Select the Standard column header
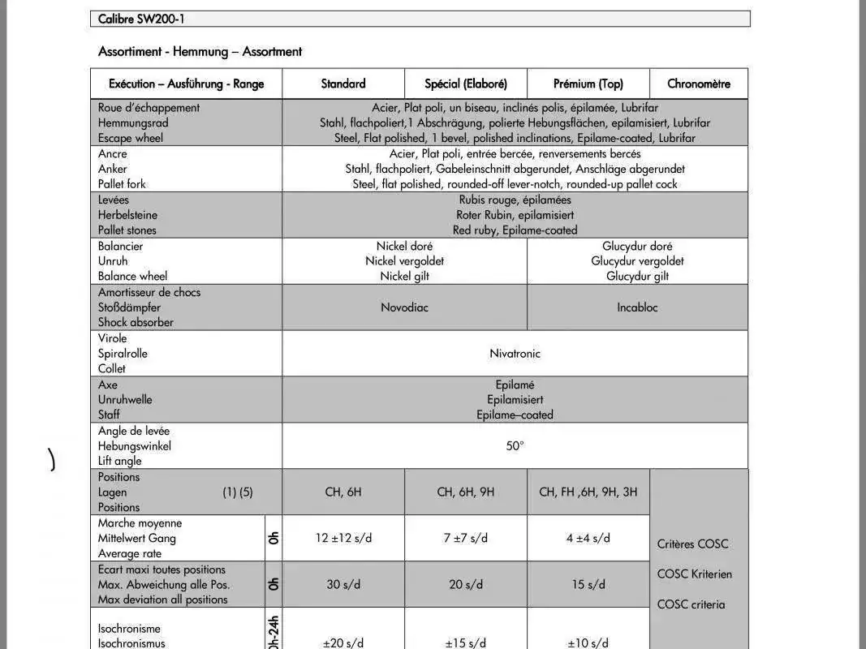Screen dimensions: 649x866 tap(343, 84)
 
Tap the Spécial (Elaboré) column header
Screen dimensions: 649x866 tap(466, 84)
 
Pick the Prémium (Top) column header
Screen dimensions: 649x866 tap(588, 84)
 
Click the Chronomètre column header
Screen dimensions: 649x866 tap(699, 84)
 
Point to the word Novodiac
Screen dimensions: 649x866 tap(404, 307)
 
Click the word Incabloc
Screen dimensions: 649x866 tap(637, 307)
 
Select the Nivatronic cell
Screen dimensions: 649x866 tap(515, 354)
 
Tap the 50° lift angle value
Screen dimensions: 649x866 tap(515, 445)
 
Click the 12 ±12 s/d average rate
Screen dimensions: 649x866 tap(343, 538)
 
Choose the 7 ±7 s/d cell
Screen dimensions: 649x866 tap(466, 538)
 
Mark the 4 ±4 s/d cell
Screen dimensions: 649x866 tap(588, 538)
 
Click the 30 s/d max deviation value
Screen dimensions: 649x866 tap(343, 584)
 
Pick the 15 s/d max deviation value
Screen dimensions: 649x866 tap(588, 584)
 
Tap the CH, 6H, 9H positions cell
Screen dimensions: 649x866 tap(466, 492)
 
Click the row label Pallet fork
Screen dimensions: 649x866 tap(122, 184)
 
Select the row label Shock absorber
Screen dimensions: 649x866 tap(136, 322)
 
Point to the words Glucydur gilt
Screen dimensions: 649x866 tap(637, 276)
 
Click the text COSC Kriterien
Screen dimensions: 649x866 tap(695, 574)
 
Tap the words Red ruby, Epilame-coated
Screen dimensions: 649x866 tap(515, 230)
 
